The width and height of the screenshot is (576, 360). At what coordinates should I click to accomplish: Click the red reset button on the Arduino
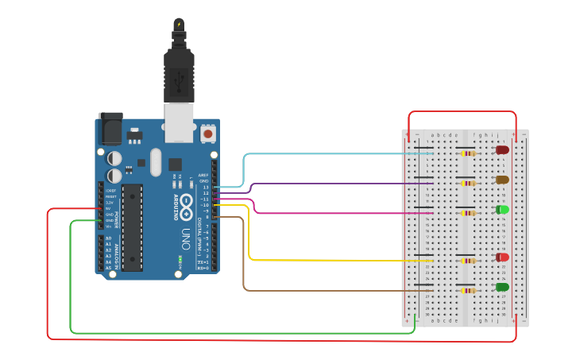(x=208, y=134)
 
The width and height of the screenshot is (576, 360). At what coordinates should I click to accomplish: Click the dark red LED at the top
(x=502, y=149)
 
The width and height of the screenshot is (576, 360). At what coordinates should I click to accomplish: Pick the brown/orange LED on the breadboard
(x=502, y=180)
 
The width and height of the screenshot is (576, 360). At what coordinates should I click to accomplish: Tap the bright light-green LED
(x=502, y=210)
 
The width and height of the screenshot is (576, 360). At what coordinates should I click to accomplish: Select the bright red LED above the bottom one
(x=502, y=257)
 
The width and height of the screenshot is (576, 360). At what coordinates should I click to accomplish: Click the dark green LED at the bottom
(x=502, y=287)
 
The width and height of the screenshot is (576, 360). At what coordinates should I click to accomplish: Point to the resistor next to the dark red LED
(x=467, y=153)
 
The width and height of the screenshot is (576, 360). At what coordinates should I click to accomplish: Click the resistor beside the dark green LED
(x=467, y=290)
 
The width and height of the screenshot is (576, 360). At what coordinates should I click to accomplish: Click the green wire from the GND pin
(x=238, y=332)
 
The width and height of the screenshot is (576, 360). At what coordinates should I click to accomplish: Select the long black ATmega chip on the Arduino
(x=132, y=226)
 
